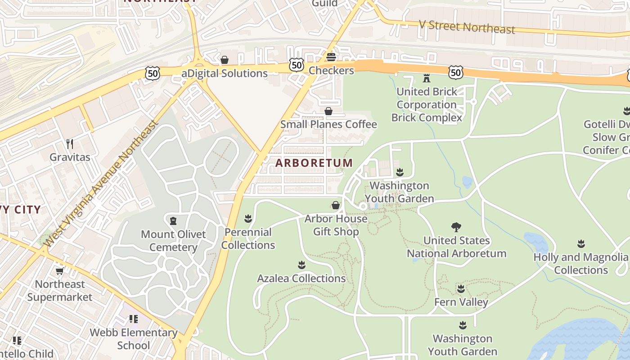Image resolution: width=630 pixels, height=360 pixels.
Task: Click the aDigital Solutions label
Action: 225,73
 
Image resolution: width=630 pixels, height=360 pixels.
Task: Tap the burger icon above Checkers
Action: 331,57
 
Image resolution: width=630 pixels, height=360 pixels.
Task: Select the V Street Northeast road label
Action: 467,27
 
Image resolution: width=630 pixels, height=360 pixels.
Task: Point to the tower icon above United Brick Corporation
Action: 427,78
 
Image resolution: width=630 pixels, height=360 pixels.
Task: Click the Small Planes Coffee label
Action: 328,124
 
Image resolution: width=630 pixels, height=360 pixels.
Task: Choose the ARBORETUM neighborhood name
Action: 314,163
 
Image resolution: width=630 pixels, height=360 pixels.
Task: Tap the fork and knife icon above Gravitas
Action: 70,144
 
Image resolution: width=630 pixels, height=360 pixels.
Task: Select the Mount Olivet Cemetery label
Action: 173,241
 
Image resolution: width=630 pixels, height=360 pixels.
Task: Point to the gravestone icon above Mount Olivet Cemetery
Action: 173,221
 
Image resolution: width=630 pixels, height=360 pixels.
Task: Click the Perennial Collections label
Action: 248,238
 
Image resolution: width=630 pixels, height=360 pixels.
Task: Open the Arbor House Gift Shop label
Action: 336,225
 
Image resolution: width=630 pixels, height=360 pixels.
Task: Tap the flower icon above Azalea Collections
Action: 301,265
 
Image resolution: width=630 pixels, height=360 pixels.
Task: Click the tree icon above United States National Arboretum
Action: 456,227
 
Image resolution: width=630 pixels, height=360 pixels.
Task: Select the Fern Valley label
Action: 461,302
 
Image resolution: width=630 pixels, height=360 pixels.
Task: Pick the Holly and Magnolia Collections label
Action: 581,264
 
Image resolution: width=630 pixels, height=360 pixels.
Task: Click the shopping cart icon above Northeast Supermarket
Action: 59,271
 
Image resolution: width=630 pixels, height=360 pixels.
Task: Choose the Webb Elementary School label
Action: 134,339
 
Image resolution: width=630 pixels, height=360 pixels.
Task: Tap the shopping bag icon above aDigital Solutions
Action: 225,60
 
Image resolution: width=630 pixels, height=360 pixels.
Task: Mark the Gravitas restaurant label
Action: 70,157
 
